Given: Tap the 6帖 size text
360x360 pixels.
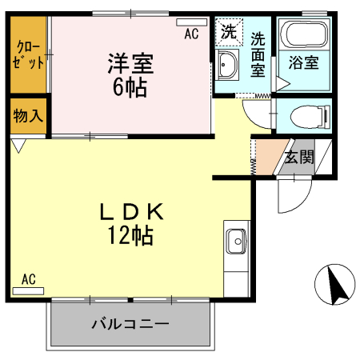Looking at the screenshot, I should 130,86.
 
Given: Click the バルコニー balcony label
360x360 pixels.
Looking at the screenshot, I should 130,325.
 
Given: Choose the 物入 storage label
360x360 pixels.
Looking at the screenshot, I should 28,115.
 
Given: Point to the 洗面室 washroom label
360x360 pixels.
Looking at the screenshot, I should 258,53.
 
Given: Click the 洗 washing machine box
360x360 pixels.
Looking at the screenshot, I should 229,33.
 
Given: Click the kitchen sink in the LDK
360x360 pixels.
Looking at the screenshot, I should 236,240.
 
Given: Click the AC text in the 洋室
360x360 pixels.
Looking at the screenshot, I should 190,34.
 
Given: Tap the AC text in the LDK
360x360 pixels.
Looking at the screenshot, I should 29,279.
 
